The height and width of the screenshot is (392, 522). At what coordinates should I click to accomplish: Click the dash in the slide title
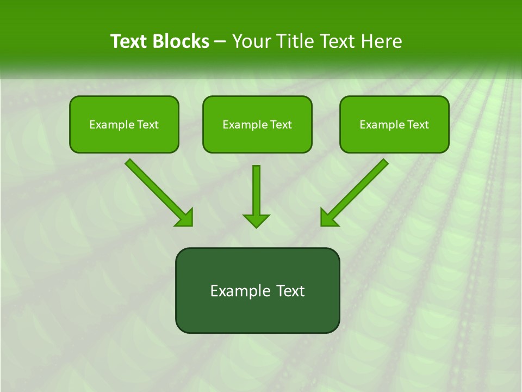coord(220,42)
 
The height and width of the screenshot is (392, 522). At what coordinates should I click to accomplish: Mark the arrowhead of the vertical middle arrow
coord(256,220)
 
